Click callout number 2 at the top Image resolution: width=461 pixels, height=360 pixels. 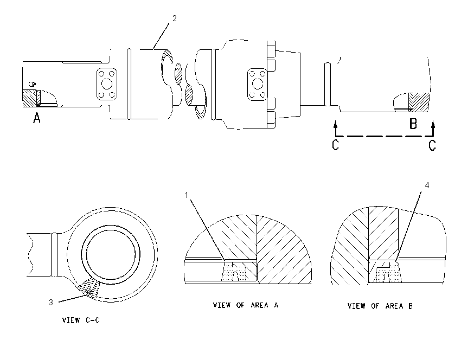[174, 18]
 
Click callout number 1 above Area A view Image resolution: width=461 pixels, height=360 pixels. [187, 195]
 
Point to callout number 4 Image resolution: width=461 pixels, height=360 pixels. [427, 185]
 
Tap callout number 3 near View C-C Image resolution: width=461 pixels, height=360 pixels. [51, 303]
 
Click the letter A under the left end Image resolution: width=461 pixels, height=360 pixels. [36, 118]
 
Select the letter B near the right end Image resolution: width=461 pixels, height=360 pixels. [413, 124]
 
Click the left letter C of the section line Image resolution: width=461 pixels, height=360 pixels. [335, 145]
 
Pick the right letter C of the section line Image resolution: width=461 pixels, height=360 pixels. [432, 145]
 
